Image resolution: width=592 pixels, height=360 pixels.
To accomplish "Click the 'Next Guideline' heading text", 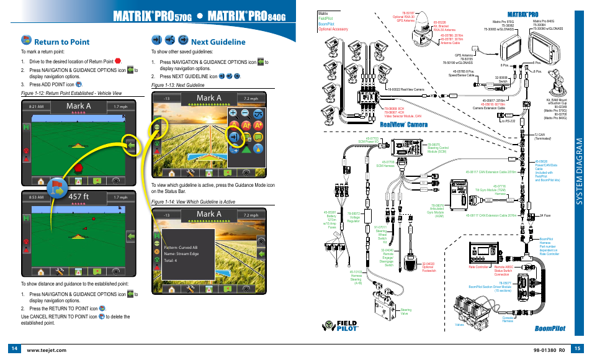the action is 218,42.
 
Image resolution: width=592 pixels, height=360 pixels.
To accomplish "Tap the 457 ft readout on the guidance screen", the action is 79,197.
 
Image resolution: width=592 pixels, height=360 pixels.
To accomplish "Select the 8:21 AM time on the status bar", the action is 36,107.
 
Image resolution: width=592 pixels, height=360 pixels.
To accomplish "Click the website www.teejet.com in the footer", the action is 47,349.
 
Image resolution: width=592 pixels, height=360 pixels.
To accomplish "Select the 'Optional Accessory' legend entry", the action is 333,29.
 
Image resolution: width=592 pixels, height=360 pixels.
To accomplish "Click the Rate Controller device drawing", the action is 480,251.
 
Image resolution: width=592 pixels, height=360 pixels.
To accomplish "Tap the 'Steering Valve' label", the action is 406,311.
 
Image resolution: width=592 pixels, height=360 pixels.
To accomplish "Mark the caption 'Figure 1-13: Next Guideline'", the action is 177,85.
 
